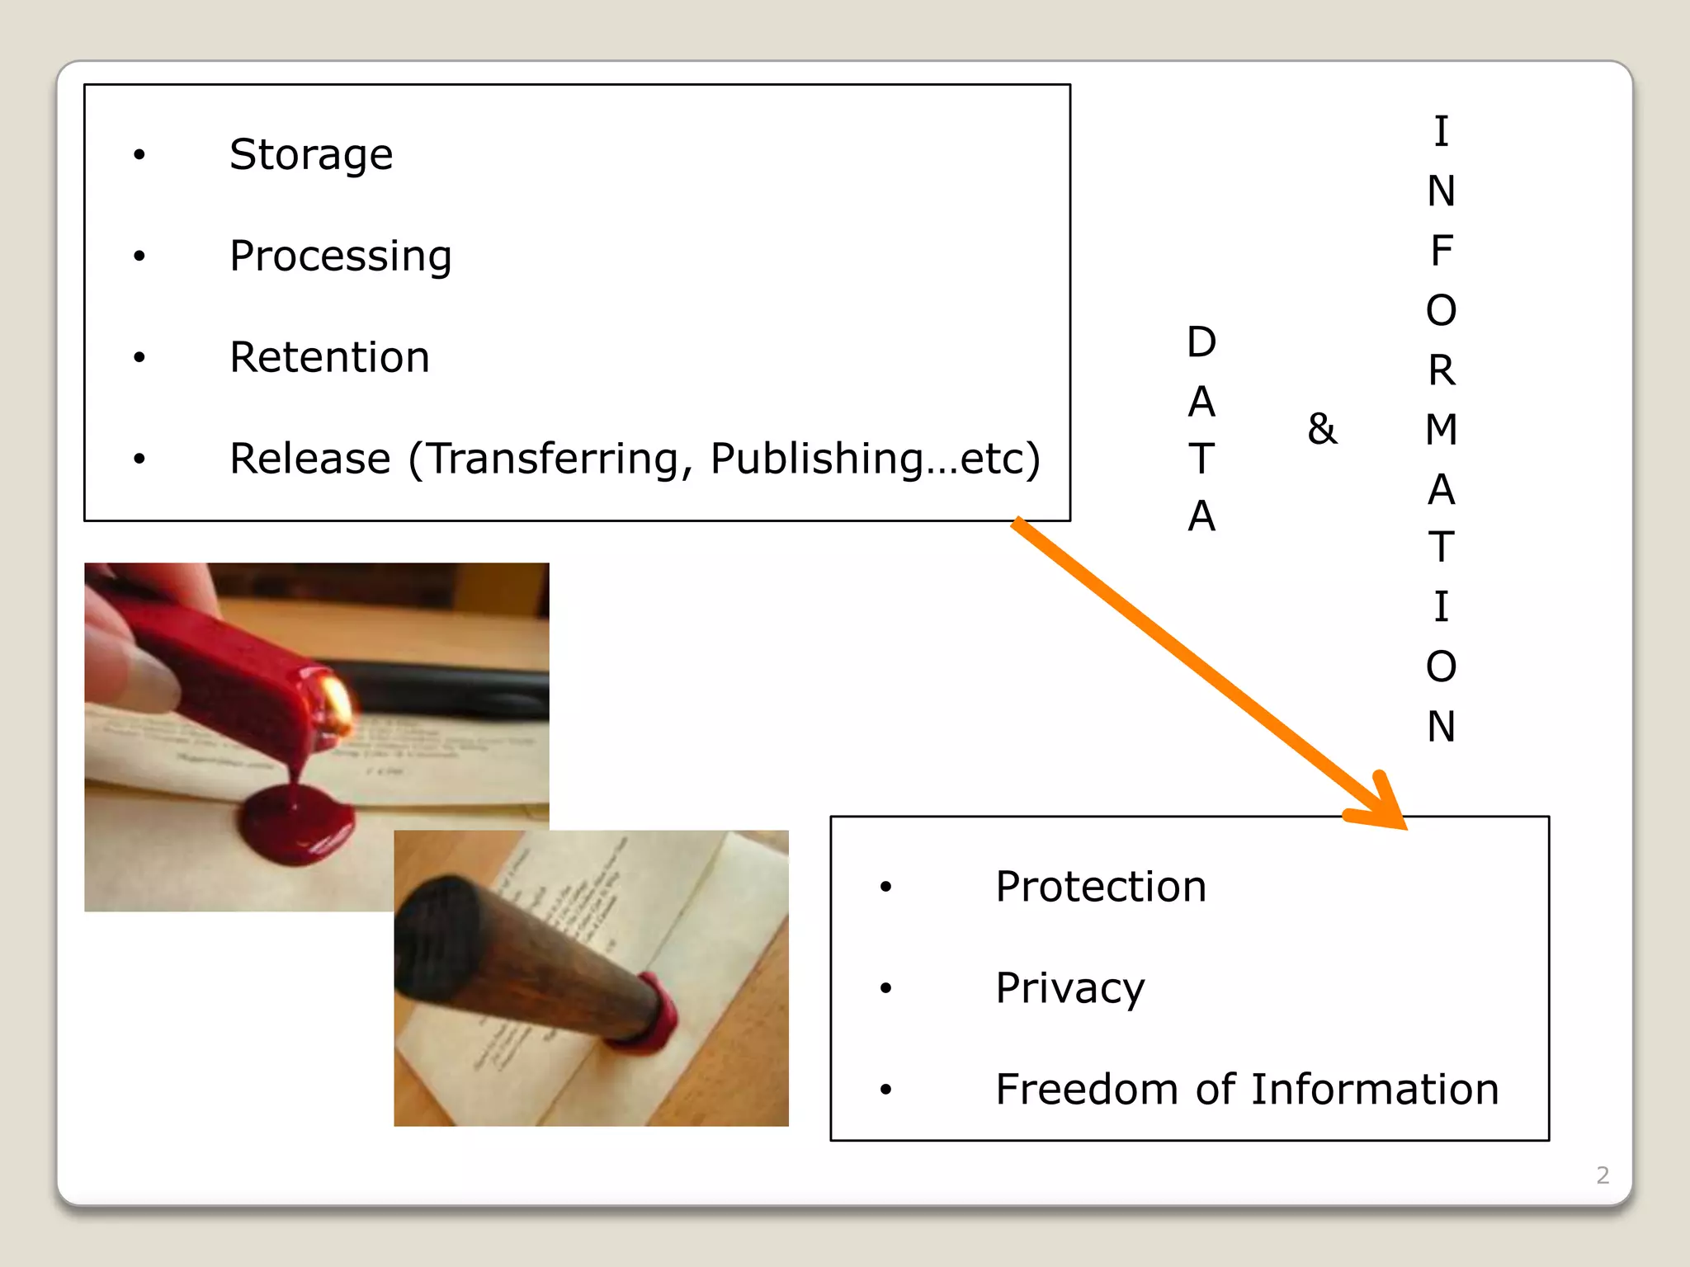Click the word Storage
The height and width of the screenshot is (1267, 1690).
(x=311, y=154)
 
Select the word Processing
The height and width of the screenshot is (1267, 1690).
(x=340, y=257)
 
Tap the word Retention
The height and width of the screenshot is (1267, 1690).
(x=329, y=357)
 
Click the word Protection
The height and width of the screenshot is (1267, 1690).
(x=1100, y=887)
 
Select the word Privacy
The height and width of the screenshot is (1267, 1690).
(x=1069, y=988)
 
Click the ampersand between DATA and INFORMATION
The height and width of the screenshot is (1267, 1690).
(x=1322, y=429)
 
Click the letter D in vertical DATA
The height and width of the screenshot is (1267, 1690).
(x=1201, y=342)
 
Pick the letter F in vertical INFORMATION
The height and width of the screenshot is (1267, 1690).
(x=1441, y=251)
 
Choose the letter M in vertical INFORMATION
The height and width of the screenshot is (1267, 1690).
(x=1441, y=430)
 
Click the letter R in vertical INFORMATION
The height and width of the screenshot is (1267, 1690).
(x=1441, y=370)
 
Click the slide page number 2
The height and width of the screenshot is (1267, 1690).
(x=1603, y=1175)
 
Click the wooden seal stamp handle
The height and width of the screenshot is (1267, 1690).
(x=528, y=957)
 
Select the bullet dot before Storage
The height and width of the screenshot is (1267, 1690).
(x=139, y=155)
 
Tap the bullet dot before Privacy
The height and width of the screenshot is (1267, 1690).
(x=885, y=988)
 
